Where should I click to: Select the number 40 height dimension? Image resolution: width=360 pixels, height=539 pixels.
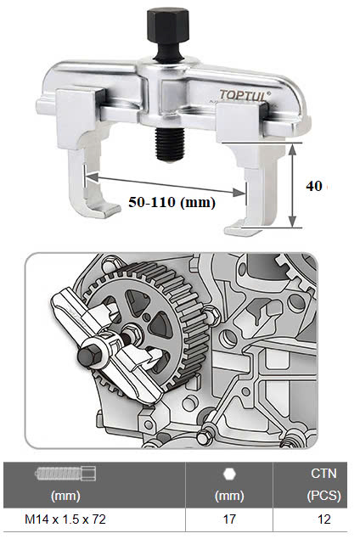pyautogui.click(x=312, y=186)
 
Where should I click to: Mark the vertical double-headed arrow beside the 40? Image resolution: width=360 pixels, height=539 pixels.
pyautogui.click(x=293, y=185)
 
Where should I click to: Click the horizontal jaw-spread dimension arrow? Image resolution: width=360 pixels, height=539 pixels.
pyautogui.click(x=170, y=186)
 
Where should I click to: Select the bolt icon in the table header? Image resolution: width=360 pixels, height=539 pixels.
pyautogui.click(x=65, y=474)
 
